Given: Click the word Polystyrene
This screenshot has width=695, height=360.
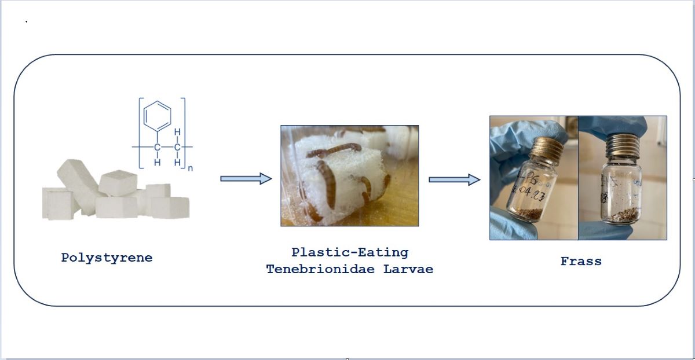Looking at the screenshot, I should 107,258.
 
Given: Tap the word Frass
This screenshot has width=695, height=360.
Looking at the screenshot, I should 581,261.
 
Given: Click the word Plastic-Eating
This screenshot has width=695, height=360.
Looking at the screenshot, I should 350,252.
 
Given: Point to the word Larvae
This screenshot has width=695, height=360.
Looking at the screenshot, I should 408,269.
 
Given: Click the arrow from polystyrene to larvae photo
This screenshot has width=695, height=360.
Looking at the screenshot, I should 246,179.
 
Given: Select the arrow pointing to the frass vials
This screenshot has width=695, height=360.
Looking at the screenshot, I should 454,179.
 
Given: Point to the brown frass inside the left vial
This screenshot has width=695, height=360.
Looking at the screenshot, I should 526,214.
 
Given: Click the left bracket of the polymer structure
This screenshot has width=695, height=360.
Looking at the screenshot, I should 141,133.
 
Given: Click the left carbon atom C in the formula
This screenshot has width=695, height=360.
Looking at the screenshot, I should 157,148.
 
